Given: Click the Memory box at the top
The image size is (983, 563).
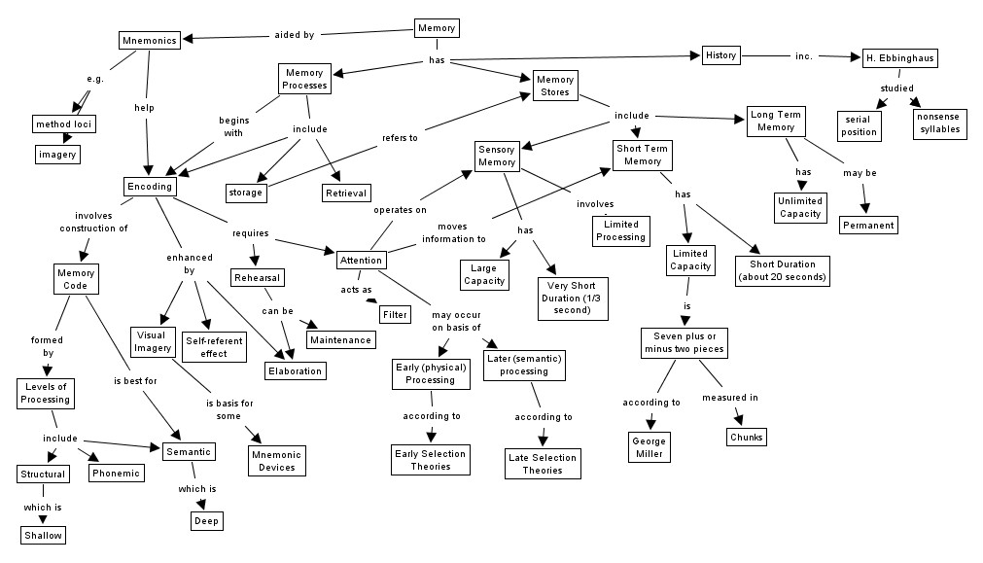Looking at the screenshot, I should coord(436,28).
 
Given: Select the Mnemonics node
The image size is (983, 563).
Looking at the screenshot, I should coord(150,41).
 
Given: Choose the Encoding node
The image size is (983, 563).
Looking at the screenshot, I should coord(149,186).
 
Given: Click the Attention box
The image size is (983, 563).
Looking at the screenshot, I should coord(361,260).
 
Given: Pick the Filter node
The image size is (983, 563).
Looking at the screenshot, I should coord(394,315).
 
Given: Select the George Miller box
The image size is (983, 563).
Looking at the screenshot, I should coord(649,447).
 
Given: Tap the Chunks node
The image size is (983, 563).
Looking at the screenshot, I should coord(745,437).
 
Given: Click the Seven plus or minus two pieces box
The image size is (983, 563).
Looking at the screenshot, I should coord(685,342).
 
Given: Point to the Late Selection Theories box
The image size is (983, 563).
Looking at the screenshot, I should coord(543,464).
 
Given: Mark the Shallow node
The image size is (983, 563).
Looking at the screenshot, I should coord(43,534).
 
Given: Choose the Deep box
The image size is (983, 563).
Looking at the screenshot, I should coord(207,521).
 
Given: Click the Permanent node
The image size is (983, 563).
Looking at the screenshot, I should coord(867,225).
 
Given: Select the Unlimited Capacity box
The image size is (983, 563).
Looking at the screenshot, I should coord(800,207).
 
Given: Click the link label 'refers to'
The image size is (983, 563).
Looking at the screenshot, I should coord(400,138).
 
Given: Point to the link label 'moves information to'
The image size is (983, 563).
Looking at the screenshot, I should coord(454,232).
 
